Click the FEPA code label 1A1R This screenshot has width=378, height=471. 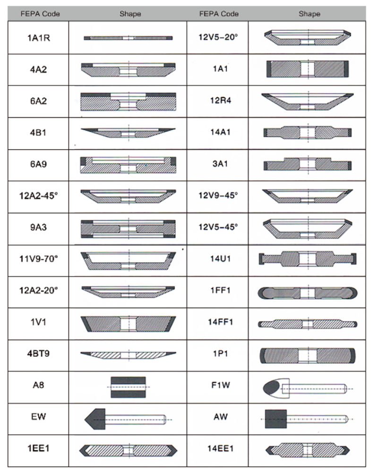coord(38,38)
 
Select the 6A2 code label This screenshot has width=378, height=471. coord(38,101)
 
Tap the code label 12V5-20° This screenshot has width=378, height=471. coord(218,37)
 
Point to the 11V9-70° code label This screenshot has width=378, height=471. coord(38,259)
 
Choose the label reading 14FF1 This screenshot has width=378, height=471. coord(221,322)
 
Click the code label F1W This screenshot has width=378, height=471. coord(221,385)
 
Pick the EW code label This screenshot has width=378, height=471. coord(38,417)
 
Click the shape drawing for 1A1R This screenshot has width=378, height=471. coord(128,38)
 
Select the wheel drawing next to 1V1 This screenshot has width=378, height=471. coord(128,324)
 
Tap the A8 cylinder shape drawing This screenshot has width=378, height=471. coord(128,387)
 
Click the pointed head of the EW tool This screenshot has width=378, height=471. coord(95,419)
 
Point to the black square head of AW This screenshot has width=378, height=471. coord(276,419)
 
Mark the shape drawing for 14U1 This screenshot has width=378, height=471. coord(308,259)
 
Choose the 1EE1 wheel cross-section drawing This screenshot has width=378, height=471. coord(128,450)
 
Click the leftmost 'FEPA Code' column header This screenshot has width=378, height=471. coord(40,14)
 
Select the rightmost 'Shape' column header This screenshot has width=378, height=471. coord(309,14)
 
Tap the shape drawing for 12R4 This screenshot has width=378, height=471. coord(308,101)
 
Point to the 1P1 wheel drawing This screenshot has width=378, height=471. coord(308,356)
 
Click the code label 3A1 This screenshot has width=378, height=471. coord(221,164)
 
